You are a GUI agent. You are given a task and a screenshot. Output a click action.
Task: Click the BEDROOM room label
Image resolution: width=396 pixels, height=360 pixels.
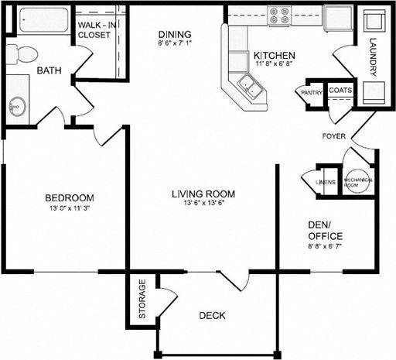[70, 197]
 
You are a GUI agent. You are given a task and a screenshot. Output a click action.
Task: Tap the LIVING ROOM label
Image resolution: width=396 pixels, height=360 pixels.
[203, 194]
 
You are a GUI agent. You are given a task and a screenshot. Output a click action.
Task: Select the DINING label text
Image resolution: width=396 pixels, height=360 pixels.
[175, 34]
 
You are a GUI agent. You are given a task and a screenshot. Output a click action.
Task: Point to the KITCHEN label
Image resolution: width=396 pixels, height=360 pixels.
[274, 56]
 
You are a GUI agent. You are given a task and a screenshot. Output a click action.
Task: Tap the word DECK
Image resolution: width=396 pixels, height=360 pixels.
[212, 315]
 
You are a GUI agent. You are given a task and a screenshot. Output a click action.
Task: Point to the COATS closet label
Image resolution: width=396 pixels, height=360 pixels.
[340, 90]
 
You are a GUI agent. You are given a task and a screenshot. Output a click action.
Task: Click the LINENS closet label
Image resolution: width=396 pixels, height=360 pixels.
[326, 183]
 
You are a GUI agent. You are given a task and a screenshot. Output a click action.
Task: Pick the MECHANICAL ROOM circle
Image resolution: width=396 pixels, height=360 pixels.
[358, 183]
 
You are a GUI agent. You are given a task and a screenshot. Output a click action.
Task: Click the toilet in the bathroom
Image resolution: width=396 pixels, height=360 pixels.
[21, 54]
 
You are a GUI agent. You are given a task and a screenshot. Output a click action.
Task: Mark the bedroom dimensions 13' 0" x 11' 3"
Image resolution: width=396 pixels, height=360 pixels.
[70, 207]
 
